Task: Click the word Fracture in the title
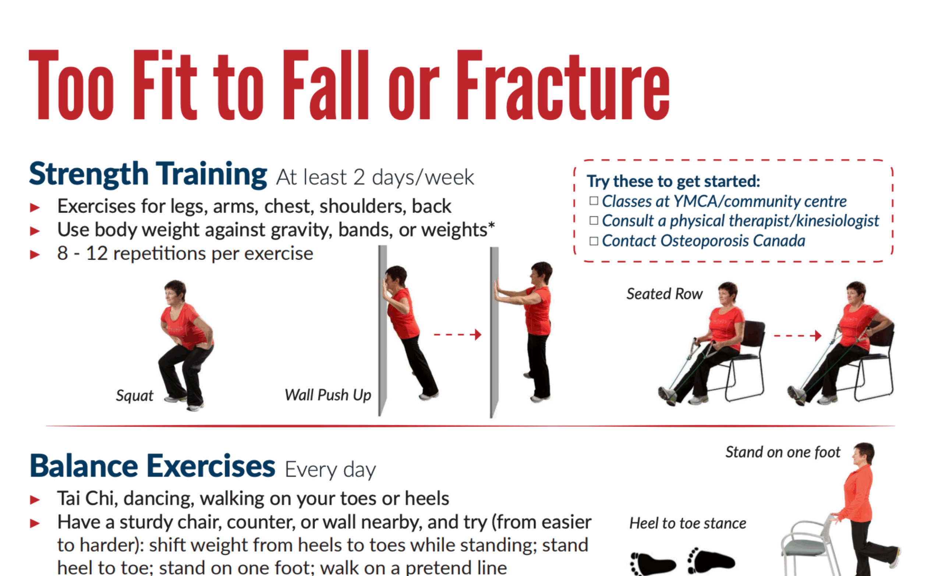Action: click(x=563, y=85)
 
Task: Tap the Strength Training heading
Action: click(x=148, y=175)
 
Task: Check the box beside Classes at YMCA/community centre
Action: click(x=594, y=201)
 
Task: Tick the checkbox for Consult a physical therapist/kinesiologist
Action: click(x=594, y=221)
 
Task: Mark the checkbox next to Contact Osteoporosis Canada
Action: click(x=594, y=241)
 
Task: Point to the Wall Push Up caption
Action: click(x=328, y=395)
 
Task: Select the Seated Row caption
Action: click(x=665, y=294)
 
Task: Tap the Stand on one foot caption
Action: click(x=783, y=452)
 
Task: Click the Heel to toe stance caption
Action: click(x=688, y=523)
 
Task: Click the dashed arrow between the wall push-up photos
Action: click(x=457, y=334)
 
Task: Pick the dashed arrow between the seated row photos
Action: click(x=797, y=336)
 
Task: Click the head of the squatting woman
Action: click(x=175, y=292)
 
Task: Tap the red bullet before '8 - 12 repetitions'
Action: click(x=35, y=255)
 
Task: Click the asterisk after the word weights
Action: click(x=491, y=225)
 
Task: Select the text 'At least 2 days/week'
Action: click(x=375, y=177)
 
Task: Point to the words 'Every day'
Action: click(x=330, y=470)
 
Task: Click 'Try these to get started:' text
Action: click(x=674, y=181)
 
